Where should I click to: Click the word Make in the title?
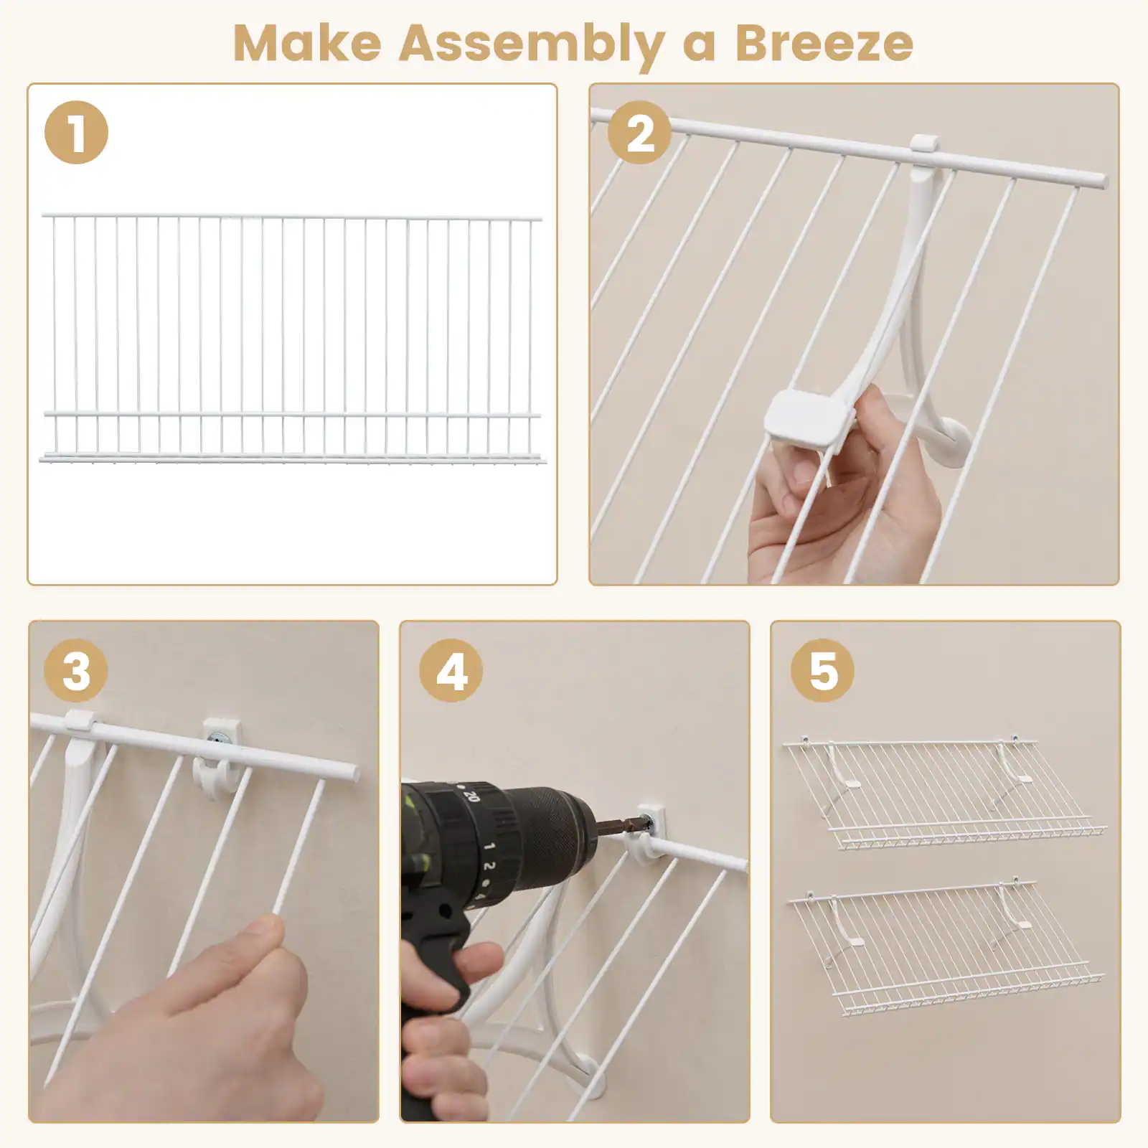click(x=307, y=44)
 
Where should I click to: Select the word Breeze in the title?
click(x=824, y=44)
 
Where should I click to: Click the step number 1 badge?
click(x=76, y=133)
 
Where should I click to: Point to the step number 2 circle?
click(x=639, y=133)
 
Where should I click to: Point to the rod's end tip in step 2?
click(x=1104, y=180)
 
